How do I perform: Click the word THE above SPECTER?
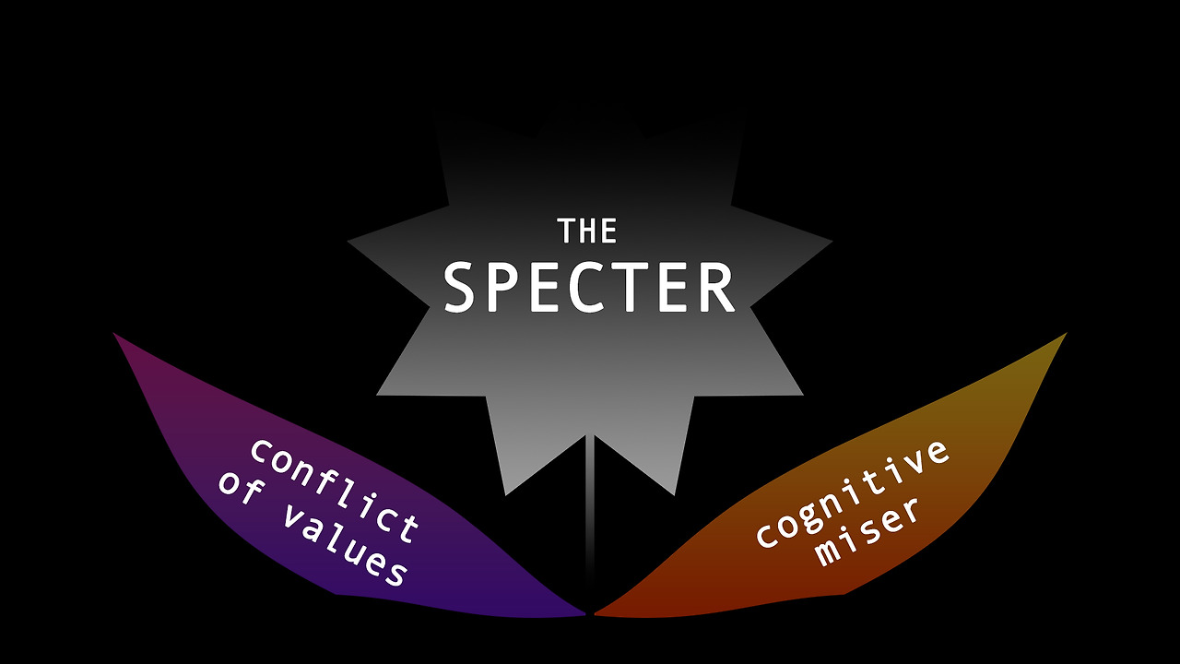pos(587,231)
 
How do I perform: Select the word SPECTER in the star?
pos(589,287)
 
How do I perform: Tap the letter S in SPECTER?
pos(463,287)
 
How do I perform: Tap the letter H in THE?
pos(587,231)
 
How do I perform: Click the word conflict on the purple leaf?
pos(335,490)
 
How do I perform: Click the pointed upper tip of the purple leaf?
pos(116,335)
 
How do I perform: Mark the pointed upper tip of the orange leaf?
pos(1064,335)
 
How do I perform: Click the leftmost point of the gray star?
pos(349,242)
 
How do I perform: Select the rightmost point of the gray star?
pos(831,242)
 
